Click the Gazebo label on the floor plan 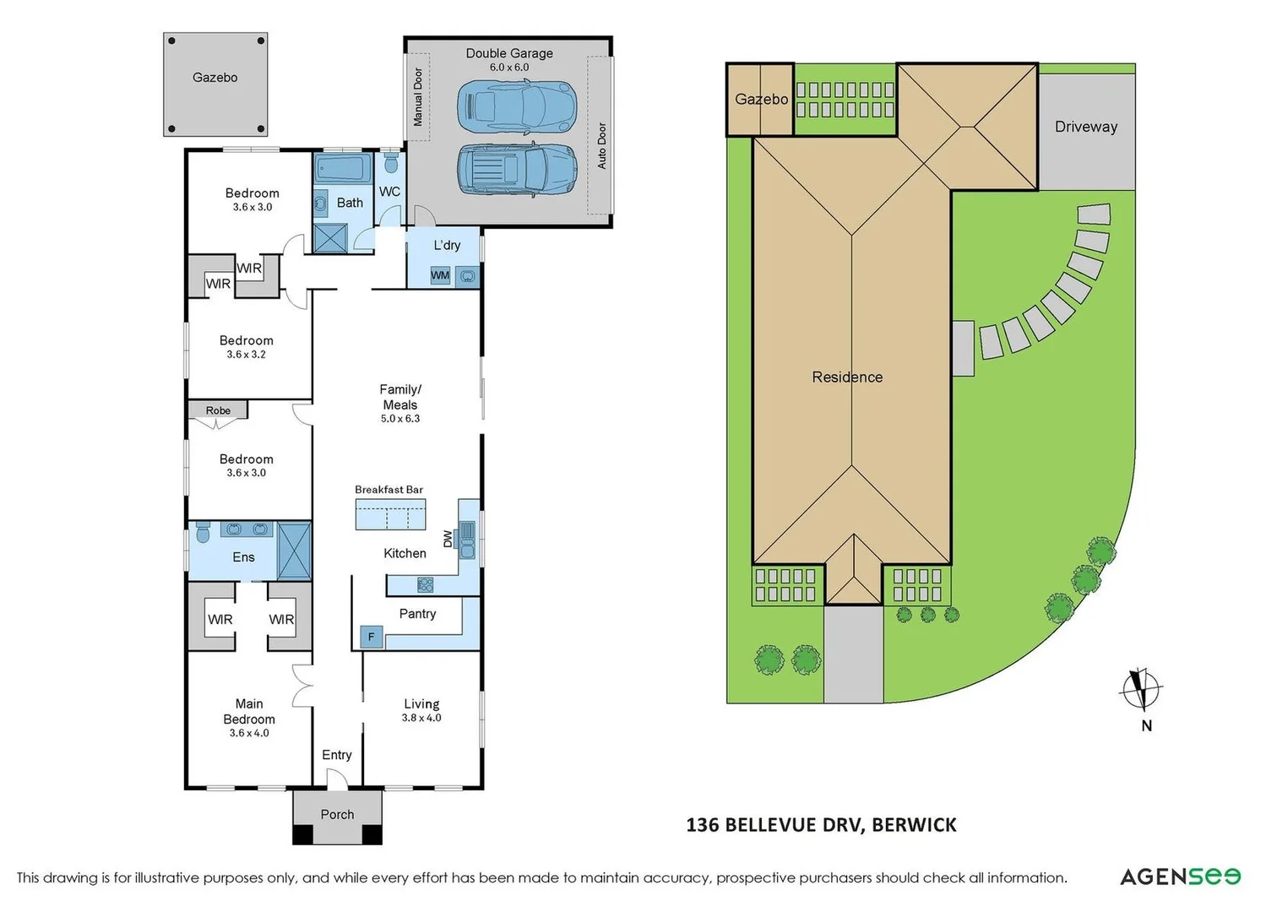pyautogui.click(x=215, y=78)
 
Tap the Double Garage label pyautogui.click(x=509, y=53)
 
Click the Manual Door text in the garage pyautogui.click(x=418, y=97)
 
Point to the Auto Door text pyautogui.click(x=602, y=145)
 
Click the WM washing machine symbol pyautogui.click(x=440, y=275)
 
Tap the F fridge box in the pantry pyautogui.click(x=371, y=637)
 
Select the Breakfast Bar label pyautogui.click(x=388, y=490)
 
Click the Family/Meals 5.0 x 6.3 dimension pyautogui.click(x=399, y=419)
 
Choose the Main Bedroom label pyautogui.click(x=249, y=711)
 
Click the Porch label pyautogui.click(x=337, y=815)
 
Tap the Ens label pyautogui.click(x=243, y=557)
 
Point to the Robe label pyautogui.click(x=218, y=410)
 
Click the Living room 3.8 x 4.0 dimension pyautogui.click(x=421, y=718)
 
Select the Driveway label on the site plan pyautogui.click(x=1085, y=127)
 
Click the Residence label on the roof pyautogui.click(x=847, y=377)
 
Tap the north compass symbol pyautogui.click(x=1141, y=689)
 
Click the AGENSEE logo pyautogui.click(x=1180, y=877)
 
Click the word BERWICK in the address pyautogui.click(x=914, y=825)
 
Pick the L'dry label pyautogui.click(x=447, y=245)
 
